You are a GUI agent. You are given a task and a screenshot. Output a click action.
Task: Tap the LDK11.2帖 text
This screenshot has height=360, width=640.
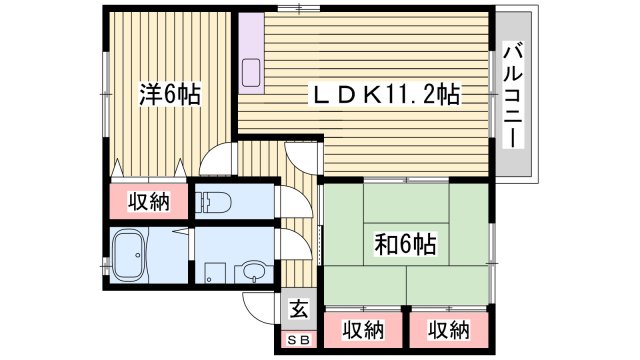click(382, 96)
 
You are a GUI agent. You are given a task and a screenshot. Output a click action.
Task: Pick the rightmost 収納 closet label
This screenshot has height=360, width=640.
click(449, 328)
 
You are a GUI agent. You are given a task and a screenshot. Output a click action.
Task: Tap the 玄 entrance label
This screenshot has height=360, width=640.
click(298, 309)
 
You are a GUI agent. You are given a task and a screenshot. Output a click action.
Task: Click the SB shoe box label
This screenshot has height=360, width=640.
click(298, 339)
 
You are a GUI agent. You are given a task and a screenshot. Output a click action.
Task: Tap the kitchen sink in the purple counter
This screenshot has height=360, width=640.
click(251, 73)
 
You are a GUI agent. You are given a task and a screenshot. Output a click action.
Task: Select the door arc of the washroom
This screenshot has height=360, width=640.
click(292, 245)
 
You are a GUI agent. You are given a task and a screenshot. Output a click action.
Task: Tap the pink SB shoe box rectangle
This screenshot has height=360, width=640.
click(298, 339)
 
